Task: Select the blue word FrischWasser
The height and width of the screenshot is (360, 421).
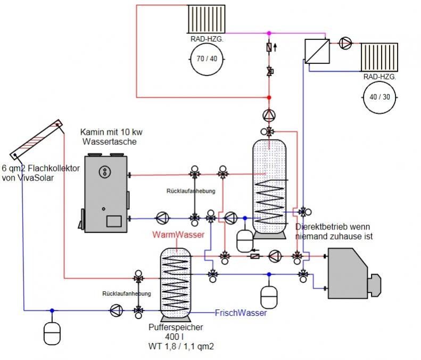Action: click(241, 313)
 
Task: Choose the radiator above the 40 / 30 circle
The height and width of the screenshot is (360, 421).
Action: click(379, 58)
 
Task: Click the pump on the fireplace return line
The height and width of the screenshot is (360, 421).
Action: click(161, 217)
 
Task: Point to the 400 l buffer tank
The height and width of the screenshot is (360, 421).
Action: click(175, 282)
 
